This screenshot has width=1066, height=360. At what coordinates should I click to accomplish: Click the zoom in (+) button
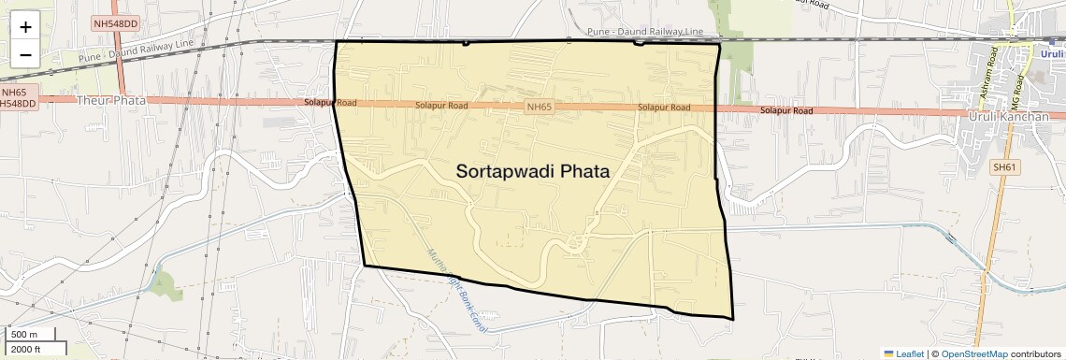click(x=25, y=27)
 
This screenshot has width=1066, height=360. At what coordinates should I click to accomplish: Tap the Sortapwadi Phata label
click(x=533, y=172)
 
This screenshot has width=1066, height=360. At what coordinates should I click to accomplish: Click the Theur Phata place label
click(x=106, y=100)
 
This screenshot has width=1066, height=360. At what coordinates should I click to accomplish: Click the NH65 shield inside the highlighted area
click(x=540, y=108)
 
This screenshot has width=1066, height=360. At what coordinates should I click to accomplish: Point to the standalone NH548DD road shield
click(x=116, y=22)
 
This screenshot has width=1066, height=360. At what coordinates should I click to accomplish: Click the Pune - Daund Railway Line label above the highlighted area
click(x=644, y=32)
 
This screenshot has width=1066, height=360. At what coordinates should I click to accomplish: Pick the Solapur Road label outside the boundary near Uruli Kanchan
click(x=785, y=111)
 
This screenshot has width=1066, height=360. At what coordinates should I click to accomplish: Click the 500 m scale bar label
click(x=25, y=335)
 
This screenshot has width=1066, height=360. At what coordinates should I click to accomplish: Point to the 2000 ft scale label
click(x=26, y=349)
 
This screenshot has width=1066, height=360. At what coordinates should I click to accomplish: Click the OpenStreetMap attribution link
click(x=973, y=353)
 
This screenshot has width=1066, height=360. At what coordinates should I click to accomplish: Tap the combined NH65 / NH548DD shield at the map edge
click(x=17, y=98)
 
